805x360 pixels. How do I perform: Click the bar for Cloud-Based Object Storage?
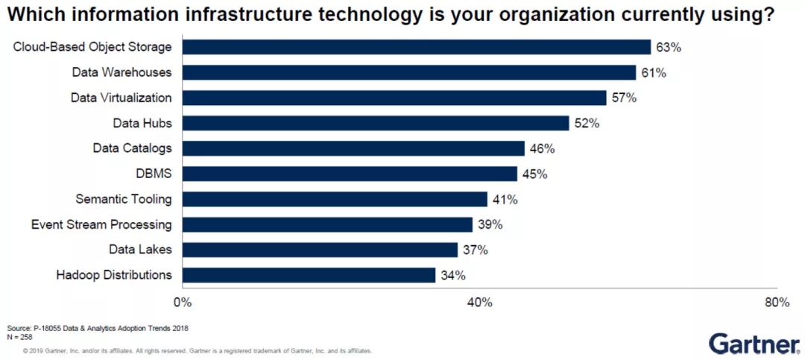click(416, 47)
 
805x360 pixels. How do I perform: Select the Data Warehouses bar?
click(408, 72)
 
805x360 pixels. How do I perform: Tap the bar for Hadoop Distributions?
click(309, 275)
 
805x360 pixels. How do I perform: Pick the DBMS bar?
click(350, 174)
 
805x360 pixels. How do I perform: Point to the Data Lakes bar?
click(320, 250)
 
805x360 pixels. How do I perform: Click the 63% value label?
click(669, 47)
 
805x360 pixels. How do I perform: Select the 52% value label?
click(587, 123)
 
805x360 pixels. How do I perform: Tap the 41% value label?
click(505, 199)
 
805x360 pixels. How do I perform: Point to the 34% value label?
click(452, 275)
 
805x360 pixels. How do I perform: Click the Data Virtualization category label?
click(121, 98)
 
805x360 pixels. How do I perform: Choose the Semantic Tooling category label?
click(123, 199)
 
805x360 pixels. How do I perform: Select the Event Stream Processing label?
click(101, 224)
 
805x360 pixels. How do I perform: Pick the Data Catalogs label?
click(132, 148)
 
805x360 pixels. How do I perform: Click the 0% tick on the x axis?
click(182, 302)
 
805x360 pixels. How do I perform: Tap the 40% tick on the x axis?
click(479, 302)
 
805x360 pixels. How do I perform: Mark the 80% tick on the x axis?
click(777, 302)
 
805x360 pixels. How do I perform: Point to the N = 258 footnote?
click(20, 336)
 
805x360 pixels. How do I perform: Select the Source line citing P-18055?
click(97, 328)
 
